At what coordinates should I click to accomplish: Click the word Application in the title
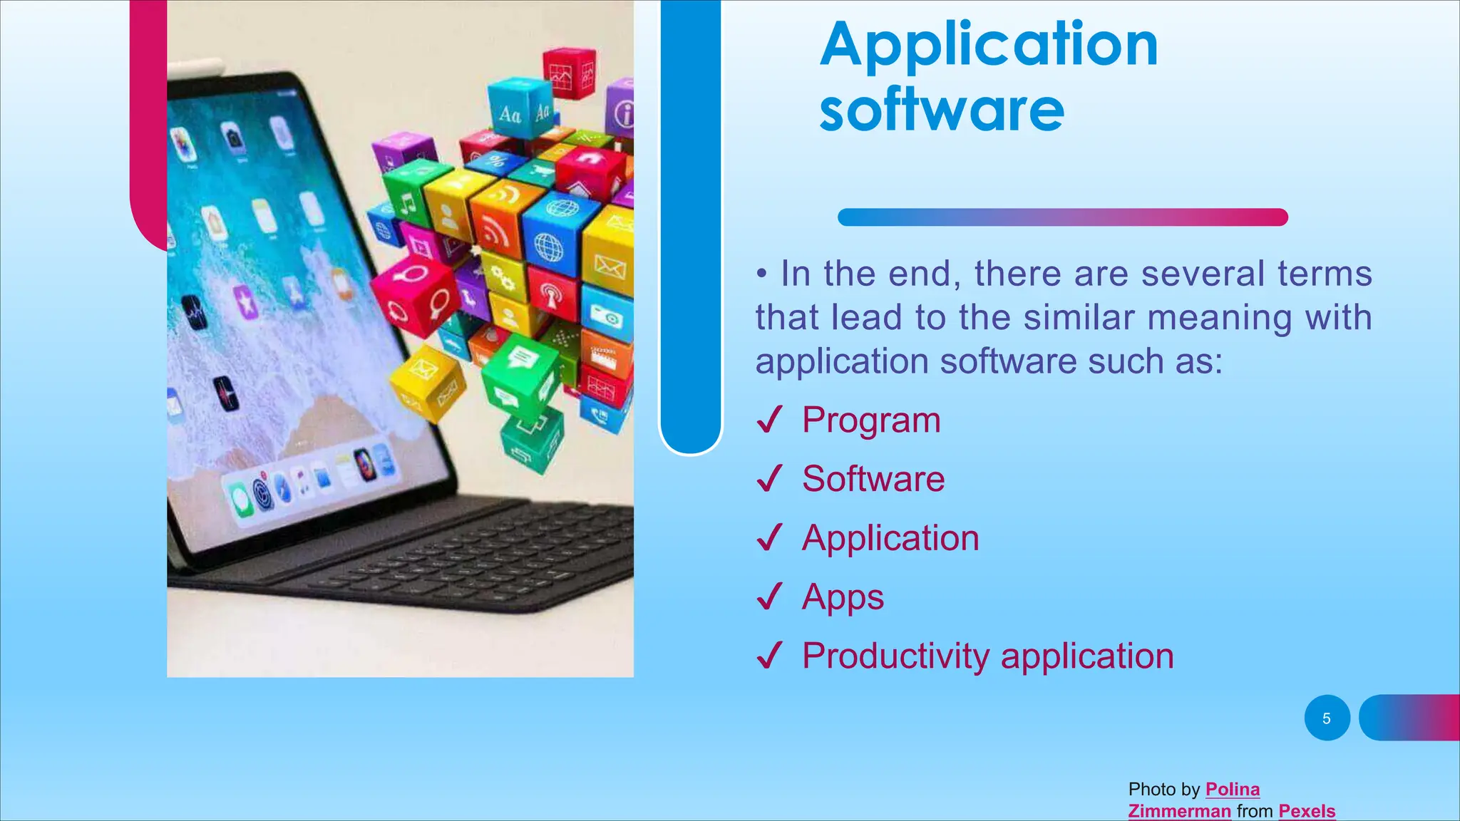coord(989,46)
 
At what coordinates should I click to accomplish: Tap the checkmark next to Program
coord(769,420)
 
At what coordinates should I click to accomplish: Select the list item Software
coord(873,479)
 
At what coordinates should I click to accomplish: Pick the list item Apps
coord(842,597)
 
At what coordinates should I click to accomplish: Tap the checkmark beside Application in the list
coord(769,538)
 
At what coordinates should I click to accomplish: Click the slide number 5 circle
coord(1327,718)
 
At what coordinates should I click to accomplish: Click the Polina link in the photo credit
coord(1232,790)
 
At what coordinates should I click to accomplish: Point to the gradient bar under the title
coord(1062,217)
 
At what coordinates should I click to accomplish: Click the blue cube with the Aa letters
coord(518,111)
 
